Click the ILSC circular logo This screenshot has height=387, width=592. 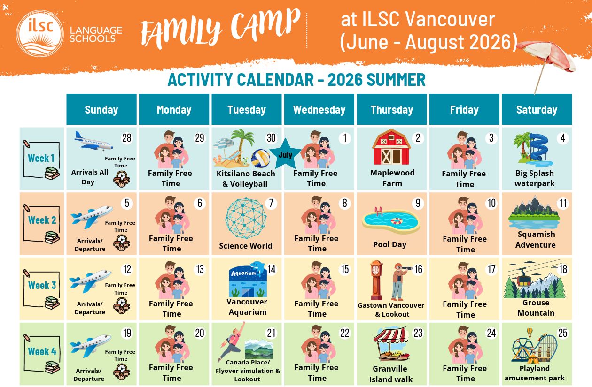(40, 33)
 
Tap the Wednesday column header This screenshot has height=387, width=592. (319, 109)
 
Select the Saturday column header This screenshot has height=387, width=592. (537, 109)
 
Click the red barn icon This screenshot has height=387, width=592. (391, 147)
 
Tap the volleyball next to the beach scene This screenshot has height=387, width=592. (260, 158)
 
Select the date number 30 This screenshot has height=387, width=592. (271, 138)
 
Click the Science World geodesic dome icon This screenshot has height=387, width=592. (246, 218)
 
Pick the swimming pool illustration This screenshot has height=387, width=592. (391, 220)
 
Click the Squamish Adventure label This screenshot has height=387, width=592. (536, 240)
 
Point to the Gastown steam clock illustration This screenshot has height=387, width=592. (376, 281)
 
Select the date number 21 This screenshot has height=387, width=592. (271, 333)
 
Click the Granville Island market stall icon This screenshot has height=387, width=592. (391, 344)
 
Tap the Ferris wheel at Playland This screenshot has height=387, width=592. (522, 349)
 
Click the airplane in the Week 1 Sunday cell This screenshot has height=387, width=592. (93, 141)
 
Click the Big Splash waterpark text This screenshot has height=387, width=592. (534, 178)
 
